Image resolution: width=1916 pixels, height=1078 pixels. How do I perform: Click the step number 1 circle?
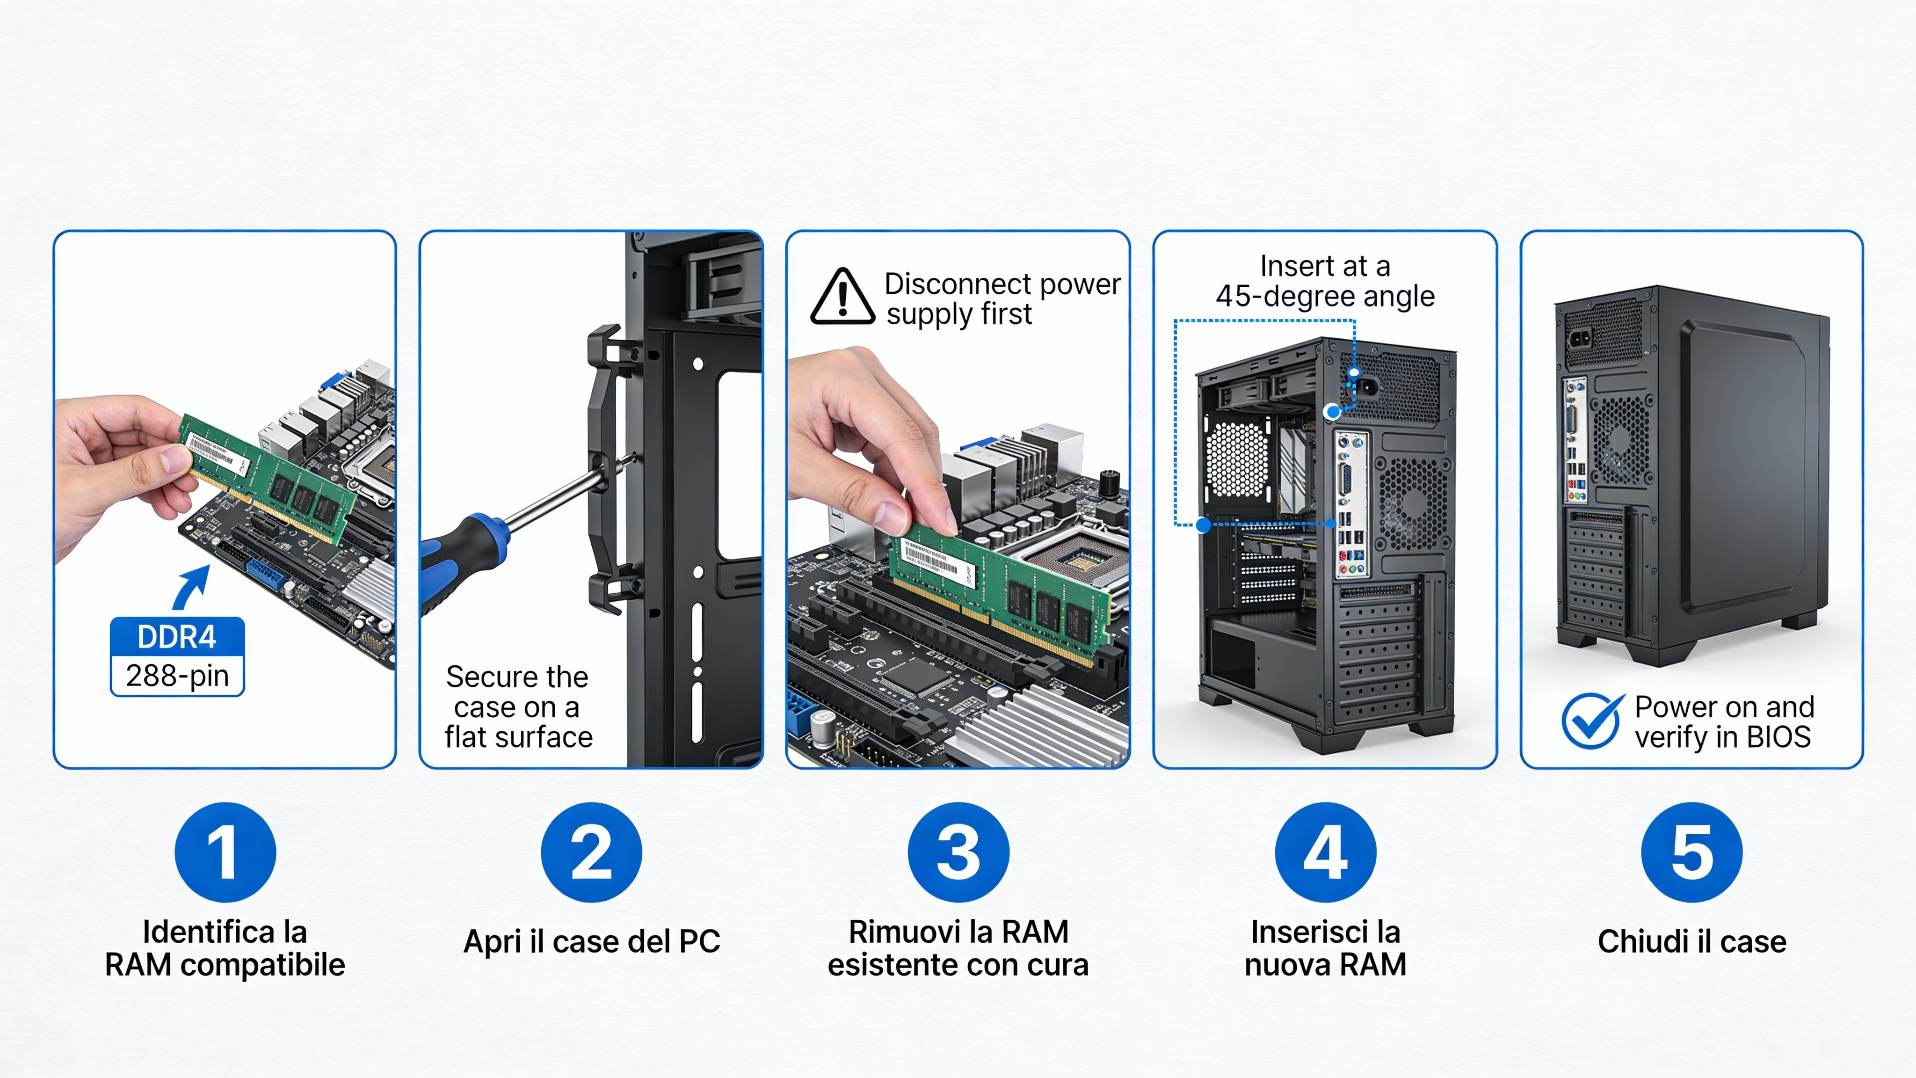tap(225, 852)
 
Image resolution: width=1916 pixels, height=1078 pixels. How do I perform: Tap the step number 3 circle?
tap(958, 852)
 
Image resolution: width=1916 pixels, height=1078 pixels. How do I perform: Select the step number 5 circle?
tap(1691, 852)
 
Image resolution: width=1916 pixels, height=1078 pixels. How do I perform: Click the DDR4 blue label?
tap(177, 637)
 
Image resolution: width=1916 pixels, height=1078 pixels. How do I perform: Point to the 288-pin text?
tap(177, 676)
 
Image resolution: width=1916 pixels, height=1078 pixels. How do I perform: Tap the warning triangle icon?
tap(842, 298)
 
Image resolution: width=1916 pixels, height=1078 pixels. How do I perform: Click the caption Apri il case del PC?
tap(591, 941)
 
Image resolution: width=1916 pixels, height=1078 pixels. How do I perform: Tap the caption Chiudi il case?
tap(1691, 941)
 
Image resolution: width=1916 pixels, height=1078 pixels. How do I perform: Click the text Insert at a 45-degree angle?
tap(1325, 281)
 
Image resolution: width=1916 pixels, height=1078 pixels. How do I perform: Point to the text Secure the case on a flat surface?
tap(518, 707)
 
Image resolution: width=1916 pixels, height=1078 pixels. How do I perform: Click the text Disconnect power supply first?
tap(1001, 299)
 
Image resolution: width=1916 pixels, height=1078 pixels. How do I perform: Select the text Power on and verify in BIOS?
tap(1723, 721)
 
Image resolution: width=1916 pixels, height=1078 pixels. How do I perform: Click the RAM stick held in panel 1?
tap(268, 476)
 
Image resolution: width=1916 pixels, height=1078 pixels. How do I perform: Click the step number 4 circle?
tap(1325, 852)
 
